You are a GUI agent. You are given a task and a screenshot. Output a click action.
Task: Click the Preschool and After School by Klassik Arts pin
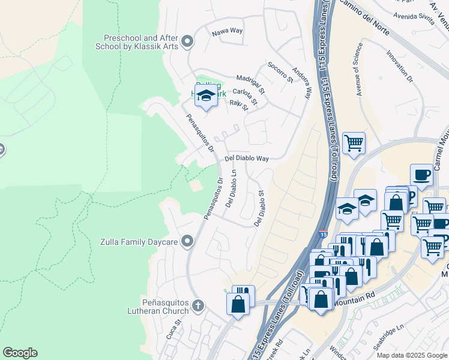187,41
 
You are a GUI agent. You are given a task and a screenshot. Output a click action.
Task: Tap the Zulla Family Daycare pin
187,241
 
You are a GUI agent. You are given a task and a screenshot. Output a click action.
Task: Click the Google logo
20,353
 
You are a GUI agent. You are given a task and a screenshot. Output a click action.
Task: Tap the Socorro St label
280,71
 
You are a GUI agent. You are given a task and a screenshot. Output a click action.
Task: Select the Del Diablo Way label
246,158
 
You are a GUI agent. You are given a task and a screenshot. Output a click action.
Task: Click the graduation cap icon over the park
206,96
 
